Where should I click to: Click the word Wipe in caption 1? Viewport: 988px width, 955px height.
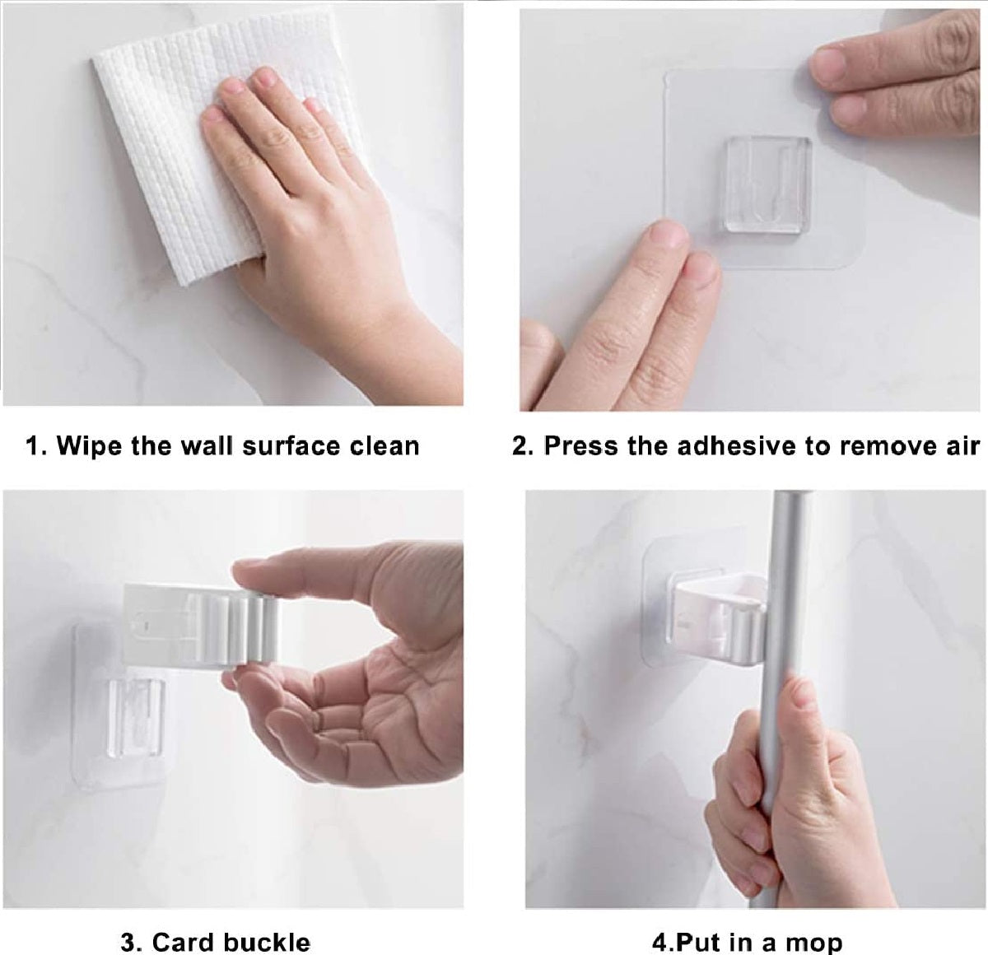pos(89,445)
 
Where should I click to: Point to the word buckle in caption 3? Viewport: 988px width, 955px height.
pos(267,929)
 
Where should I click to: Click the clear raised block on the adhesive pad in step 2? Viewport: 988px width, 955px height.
pos(767,184)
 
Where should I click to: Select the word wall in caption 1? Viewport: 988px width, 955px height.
pos(208,445)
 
